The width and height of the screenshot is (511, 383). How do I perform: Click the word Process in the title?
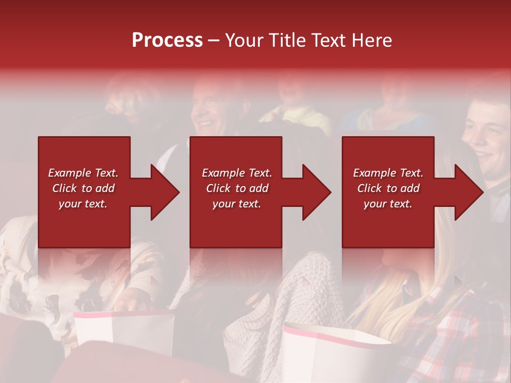coord(167,40)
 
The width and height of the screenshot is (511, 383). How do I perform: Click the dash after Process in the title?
coord(214,41)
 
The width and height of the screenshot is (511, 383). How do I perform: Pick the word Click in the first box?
coord(65,188)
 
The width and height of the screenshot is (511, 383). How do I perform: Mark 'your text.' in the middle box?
coord(236,204)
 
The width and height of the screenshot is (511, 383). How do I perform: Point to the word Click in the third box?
coord(370,188)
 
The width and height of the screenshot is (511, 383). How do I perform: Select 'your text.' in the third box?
coord(388,204)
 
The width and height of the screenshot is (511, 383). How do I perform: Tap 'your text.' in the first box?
coord(83,204)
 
